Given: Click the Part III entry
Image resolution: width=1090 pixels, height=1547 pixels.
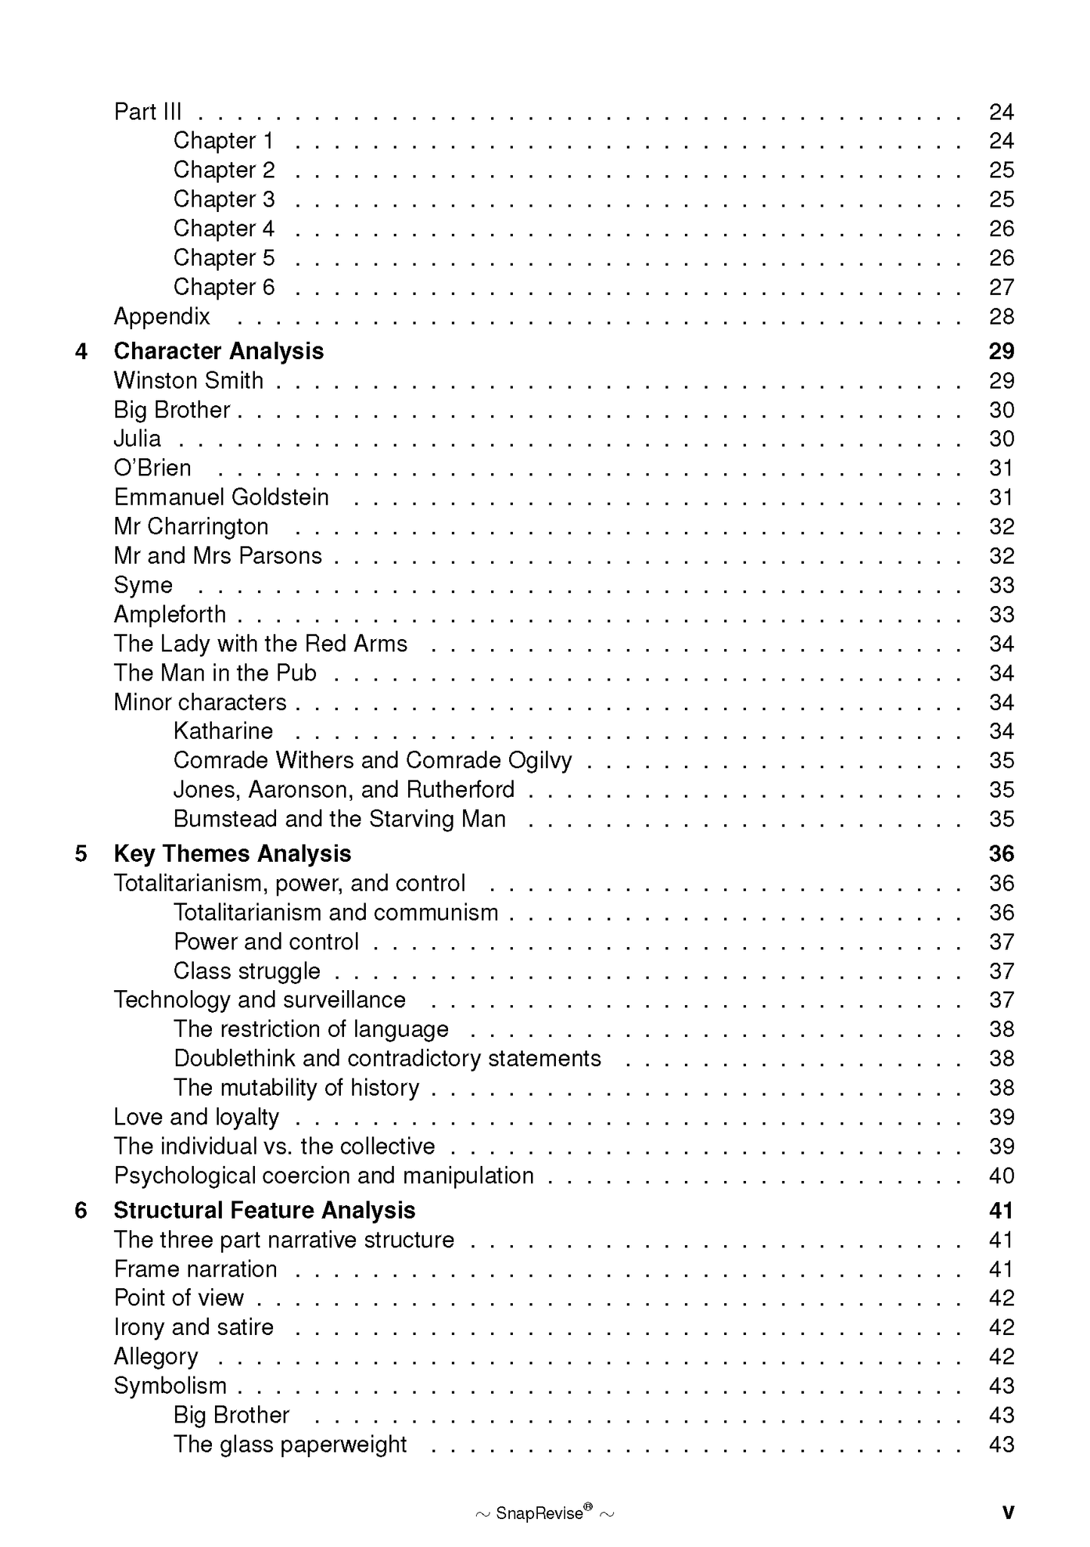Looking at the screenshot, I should point(148,112).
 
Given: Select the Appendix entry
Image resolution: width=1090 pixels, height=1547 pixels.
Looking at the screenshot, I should point(161,316).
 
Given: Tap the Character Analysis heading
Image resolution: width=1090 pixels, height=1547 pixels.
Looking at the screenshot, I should point(219,351).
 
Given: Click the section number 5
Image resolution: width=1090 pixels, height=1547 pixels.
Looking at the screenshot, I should point(81,853).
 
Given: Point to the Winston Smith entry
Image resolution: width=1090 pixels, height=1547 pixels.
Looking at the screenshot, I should point(189,380).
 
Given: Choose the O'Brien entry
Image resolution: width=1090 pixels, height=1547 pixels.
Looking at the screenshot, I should point(152,468).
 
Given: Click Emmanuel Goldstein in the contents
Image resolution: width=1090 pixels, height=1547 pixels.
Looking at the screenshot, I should point(221,497).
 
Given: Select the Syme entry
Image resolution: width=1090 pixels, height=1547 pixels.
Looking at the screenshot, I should point(143,585).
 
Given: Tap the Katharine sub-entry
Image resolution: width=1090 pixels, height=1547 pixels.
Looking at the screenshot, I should point(223,730).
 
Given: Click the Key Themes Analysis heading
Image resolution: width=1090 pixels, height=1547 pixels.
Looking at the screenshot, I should point(232,853).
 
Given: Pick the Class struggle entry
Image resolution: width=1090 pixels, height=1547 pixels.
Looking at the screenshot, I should point(247,970).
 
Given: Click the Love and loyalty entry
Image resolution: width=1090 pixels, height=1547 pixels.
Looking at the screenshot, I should point(196,1117).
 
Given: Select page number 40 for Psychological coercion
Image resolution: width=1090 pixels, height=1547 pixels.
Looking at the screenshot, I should point(1001,1176).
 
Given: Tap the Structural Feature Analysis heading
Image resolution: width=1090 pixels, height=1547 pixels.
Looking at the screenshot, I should point(264,1210).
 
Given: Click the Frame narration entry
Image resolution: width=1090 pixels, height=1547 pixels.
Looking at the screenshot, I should point(195,1269).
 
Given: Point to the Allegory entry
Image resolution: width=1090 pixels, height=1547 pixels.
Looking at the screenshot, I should point(155,1357).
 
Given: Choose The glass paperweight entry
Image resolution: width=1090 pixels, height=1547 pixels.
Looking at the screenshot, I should point(290,1444).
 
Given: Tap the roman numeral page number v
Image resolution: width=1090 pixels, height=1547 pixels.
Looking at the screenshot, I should point(1008,1512).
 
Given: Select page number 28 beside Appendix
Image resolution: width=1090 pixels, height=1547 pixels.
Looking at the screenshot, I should point(1001,316).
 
